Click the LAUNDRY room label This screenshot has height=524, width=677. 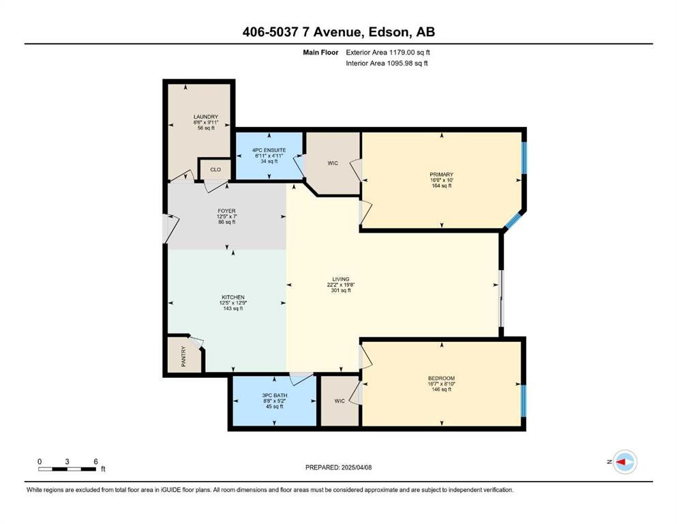205,117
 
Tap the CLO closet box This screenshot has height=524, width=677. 215,169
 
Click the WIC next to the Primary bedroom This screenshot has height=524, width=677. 332,163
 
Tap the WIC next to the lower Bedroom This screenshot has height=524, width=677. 339,401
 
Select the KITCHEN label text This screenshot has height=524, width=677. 232,297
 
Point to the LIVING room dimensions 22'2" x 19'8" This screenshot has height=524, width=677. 341,285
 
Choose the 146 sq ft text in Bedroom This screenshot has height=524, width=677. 441,390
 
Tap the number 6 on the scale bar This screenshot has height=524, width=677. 95,461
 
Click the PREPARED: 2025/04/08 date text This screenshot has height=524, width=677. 339,467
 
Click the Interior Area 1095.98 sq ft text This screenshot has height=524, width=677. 387,63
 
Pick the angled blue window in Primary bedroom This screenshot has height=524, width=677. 513,220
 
